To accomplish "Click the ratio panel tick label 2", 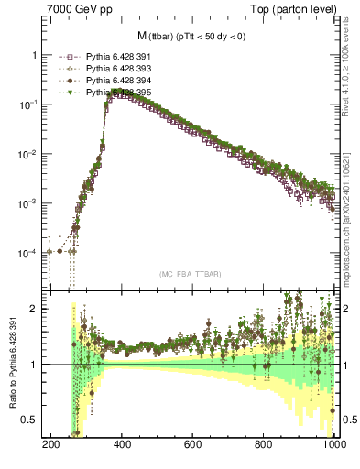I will (x=37, y=309).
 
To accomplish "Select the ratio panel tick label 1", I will (x=37, y=365).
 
